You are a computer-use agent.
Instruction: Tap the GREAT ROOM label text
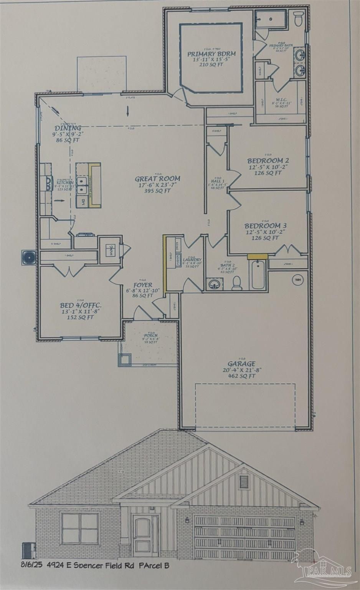click(157, 178)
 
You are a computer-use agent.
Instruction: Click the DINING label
click(68, 128)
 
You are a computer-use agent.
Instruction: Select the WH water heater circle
click(297, 280)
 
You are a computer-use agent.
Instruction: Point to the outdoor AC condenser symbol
click(28, 257)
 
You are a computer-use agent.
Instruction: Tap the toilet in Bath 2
click(237, 283)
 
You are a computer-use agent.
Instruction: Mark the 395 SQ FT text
click(157, 191)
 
